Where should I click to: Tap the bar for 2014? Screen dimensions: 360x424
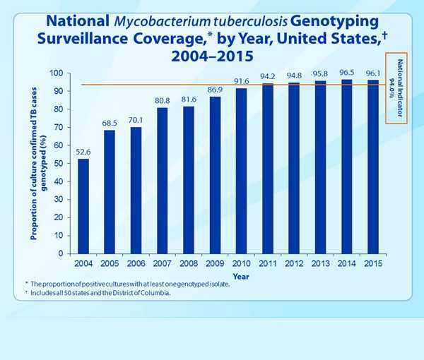pyautogui.click(x=346, y=167)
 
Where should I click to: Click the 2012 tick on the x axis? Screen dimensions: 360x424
pyautogui.click(x=294, y=263)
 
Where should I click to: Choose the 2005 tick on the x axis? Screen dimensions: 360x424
pyautogui.click(x=110, y=263)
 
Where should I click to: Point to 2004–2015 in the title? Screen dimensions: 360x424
pyautogui.click(x=212, y=55)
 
